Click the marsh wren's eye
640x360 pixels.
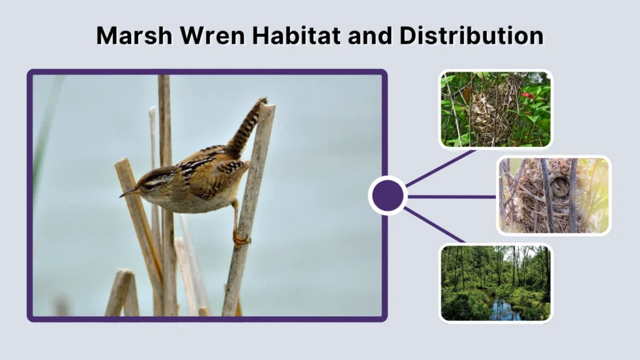coord(149,184)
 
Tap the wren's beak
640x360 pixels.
coord(128,193)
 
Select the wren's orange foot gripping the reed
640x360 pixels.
coord(241,239)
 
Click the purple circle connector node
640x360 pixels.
coord(387,196)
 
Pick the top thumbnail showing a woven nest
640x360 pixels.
coord(496,109)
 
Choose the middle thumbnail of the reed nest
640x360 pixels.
coord(554,195)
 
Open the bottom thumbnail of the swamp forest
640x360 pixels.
coord(496,283)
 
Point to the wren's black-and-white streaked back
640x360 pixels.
coord(200,164)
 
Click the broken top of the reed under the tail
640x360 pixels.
coord(266,107)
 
